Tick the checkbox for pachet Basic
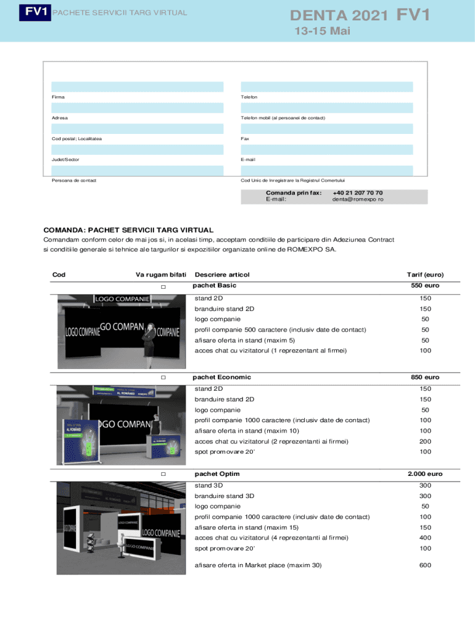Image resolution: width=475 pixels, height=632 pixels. pyautogui.click(x=163, y=288)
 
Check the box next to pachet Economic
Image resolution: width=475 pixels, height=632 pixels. pyautogui.click(x=163, y=378)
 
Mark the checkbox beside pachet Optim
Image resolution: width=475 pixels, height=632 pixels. pyautogui.click(x=163, y=475)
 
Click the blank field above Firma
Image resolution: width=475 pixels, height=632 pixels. pyautogui.click(x=138, y=86)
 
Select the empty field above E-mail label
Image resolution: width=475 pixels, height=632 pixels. pyautogui.click(x=327, y=149)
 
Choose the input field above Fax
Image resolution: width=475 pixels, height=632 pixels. pyautogui.click(x=327, y=128)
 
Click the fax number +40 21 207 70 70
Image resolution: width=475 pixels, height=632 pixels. pyautogui.click(x=357, y=193)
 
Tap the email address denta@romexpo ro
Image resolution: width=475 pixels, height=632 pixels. pyautogui.click(x=357, y=200)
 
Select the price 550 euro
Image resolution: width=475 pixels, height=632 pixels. pyautogui.click(x=425, y=286)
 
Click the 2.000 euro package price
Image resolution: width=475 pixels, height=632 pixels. pyautogui.click(x=424, y=474)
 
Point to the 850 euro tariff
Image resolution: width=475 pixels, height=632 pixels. pyautogui.click(x=425, y=377)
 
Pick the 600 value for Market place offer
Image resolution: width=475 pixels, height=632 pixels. pyautogui.click(x=425, y=565)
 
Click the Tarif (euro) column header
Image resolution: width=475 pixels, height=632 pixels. pyautogui.click(x=424, y=275)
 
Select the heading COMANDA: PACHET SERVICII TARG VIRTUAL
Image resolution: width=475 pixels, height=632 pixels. pyautogui.click(x=128, y=230)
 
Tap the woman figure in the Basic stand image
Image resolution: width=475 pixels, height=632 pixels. pyautogui.click(x=149, y=342)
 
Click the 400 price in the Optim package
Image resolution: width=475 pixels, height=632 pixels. pyautogui.click(x=425, y=538)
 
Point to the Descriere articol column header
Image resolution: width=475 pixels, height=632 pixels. pyautogui.click(x=222, y=275)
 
